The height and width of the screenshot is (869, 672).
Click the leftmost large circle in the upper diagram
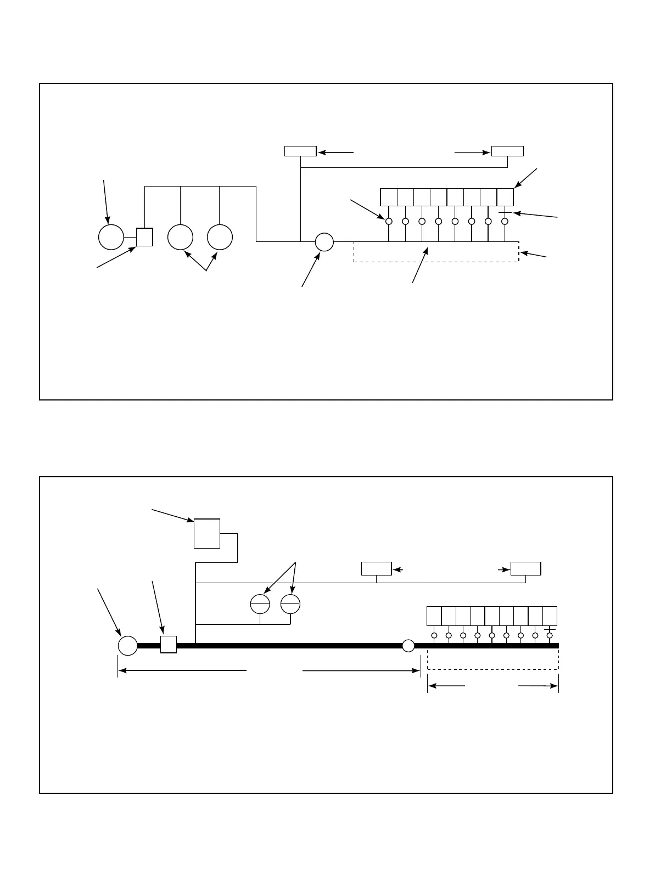point(111,237)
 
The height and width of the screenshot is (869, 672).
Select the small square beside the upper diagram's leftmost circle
point(144,237)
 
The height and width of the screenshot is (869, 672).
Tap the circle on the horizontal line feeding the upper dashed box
point(324,241)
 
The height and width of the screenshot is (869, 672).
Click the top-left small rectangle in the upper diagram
point(300,151)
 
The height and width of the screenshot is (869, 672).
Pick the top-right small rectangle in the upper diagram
point(507,151)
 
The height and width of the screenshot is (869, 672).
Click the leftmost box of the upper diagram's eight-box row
point(389,197)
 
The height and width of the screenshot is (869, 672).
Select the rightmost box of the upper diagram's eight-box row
point(505,197)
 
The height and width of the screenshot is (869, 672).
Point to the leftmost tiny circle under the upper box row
point(389,222)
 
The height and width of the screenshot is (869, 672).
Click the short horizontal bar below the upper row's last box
point(505,212)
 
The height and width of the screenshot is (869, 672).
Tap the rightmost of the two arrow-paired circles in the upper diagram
point(220,237)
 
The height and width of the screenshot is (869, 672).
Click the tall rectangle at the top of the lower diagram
point(207,533)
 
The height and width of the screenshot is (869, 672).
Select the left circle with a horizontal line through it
point(260,604)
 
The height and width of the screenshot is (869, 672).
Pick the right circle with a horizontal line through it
point(290,604)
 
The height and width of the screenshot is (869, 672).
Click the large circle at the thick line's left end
point(128,646)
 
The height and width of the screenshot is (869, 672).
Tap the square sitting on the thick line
point(169,645)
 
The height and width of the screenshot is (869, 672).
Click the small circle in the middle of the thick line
point(408,646)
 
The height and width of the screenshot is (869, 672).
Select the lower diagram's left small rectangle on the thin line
point(376,568)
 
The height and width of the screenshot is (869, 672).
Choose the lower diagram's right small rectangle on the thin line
point(525,568)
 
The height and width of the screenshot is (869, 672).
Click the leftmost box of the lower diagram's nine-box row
point(434,616)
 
